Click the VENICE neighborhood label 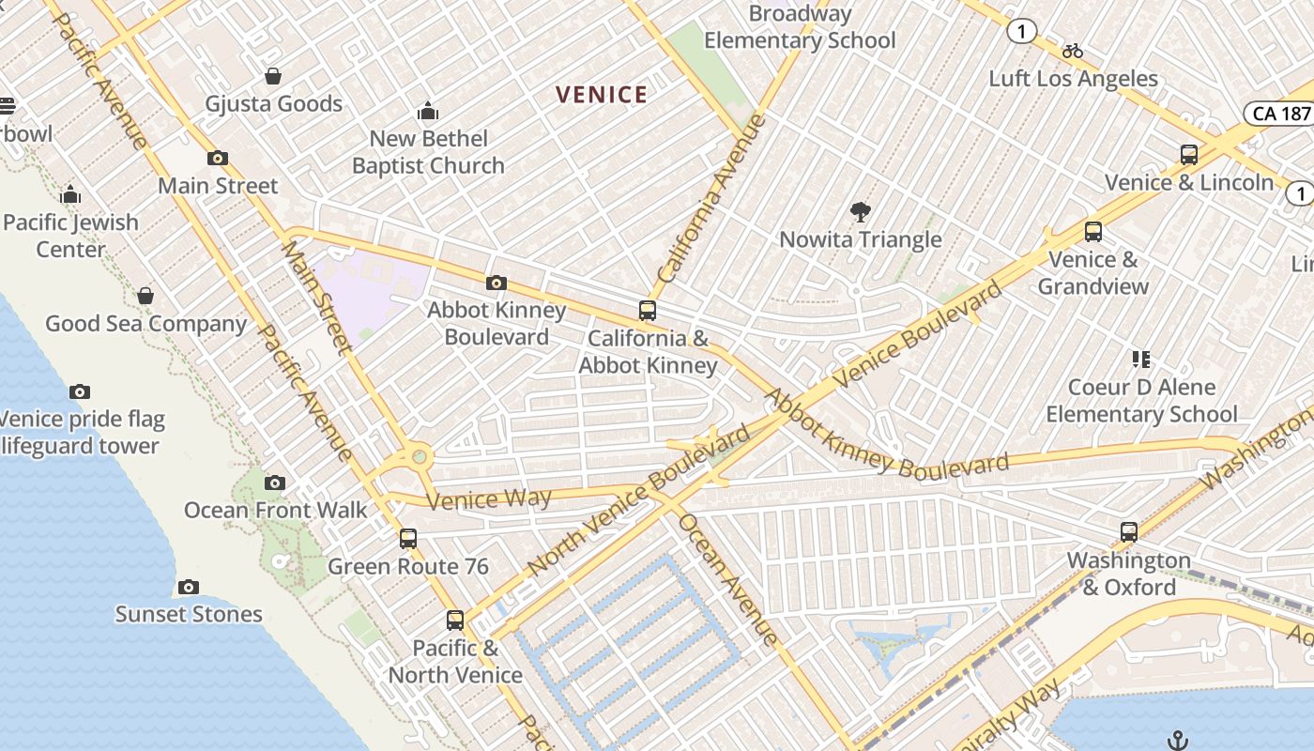pyautogui.click(x=602, y=95)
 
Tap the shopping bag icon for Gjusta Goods pyautogui.click(x=273, y=76)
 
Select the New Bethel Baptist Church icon pyautogui.click(x=428, y=112)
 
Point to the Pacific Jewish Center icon pyautogui.click(x=70, y=195)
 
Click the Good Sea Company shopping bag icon pyautogui.click(x=145, y=297)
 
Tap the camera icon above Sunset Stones pyautogui.click(x=189, y=588)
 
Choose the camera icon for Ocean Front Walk pyautogui.click(x=275, y=483)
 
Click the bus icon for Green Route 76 pyautogui.click(x=408, y=539)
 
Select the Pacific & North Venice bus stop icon pyautogui.click(x=455, y=621)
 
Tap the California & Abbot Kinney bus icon pyautogui.click(x=647, y=311)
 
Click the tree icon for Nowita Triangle pyautogui.click(x=860, y=212)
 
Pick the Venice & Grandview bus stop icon pyautogui.click(x=1093, y=232)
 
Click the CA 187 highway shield pyautogui.click(x=1280, y=114)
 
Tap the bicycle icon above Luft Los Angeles pyautogui.click(x=1073, y=51)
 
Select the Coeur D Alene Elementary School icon pyautogui.click(x=1141, y=360)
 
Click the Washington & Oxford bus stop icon pyautogui.click(x=1129, y=532)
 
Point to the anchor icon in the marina pyautogui.click(x=1177, y=741)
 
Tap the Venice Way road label pyautogui.click(x=489, y=498)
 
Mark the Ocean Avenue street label pyautogui.click(x=728, y=579)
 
